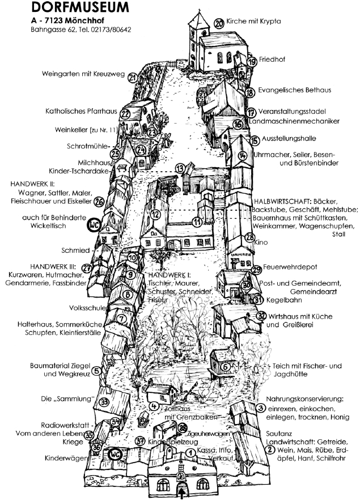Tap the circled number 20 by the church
click(x=219, y=23)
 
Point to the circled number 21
click(x=132, y=78)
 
